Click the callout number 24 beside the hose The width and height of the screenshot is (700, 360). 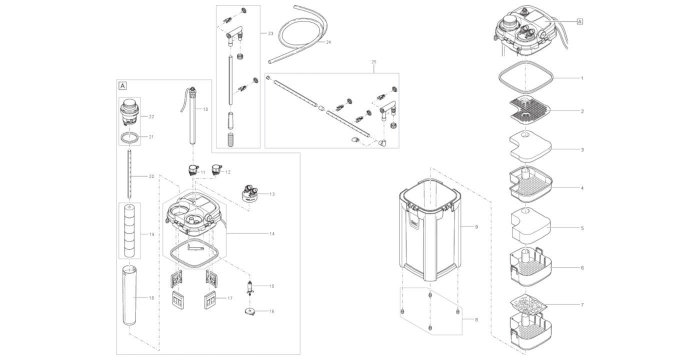pyautogui.click(x=328, y=42)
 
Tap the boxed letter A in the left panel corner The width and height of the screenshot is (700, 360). pyautogui.click(x=123, y=85)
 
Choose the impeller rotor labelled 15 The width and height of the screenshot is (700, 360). pyautogui.click(x=249, y=287)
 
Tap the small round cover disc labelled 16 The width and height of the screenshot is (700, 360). pyautogui.click(x=249, y=311)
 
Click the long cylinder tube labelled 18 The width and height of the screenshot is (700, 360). pyautogui.click(x=129, y=295)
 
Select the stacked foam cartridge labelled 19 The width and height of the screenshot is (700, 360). pyautogui.click(x=129, y=230)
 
